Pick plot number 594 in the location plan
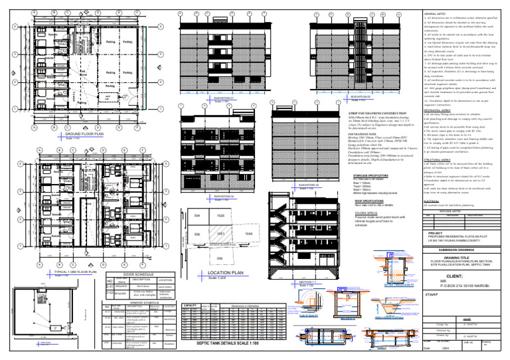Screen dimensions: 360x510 pos(197,217)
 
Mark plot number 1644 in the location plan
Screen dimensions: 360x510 pos(248,234)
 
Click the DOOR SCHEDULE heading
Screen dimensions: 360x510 pos(138,274)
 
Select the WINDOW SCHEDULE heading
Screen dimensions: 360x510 pos(139,300)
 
